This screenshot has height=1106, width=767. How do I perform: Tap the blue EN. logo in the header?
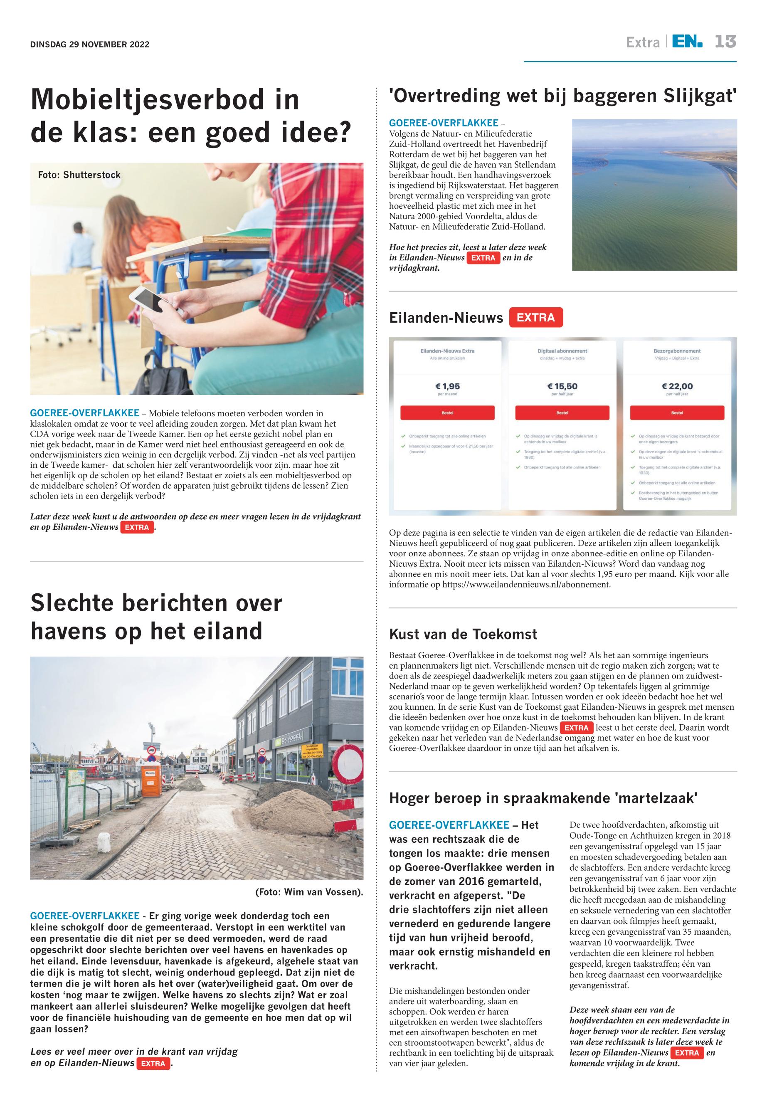[x=687, y=42]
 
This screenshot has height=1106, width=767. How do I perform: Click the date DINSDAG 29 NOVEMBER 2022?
[x=90, y=45]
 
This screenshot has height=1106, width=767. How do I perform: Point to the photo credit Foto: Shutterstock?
[x=79, y=175]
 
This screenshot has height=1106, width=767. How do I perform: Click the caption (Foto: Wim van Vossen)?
[x=309, y=893]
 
